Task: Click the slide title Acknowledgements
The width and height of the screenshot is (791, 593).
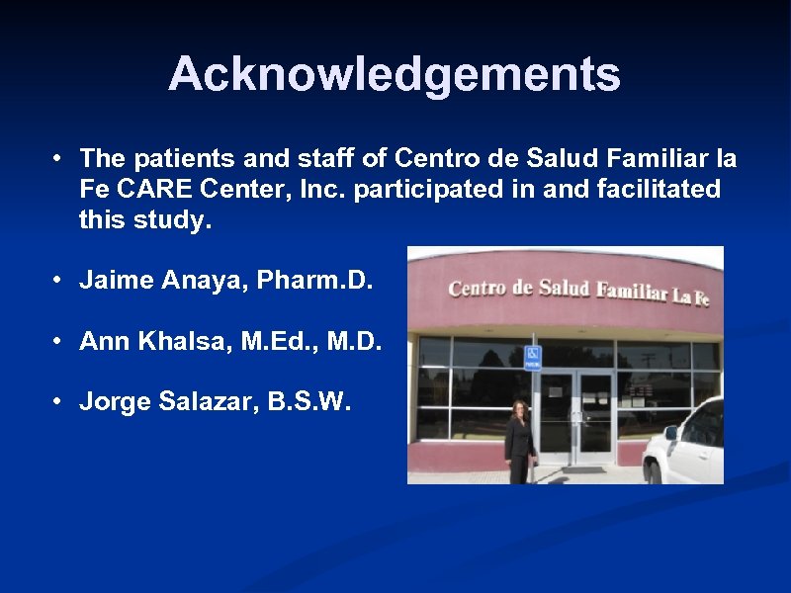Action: point(395,74)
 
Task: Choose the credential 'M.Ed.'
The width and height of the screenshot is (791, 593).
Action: point(267,342)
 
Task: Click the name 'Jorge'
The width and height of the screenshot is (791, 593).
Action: point(114,403)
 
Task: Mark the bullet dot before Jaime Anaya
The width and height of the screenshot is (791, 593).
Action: point(60,281)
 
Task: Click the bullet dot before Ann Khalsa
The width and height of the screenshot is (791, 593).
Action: point(60,342)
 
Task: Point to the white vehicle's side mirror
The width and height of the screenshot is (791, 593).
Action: point(671,432)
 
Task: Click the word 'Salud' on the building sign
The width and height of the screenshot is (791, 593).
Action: point(564,289)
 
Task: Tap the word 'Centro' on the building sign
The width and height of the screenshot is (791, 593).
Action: point(481,289)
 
